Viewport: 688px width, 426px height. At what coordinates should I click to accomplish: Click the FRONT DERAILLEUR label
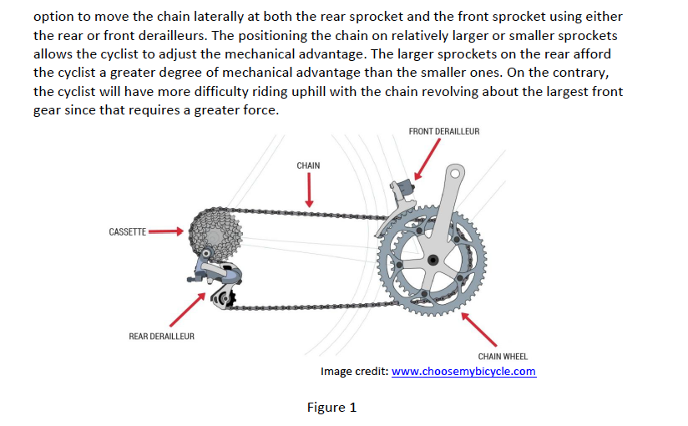(443, 131)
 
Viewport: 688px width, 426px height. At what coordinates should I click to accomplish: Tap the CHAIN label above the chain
(308, 165)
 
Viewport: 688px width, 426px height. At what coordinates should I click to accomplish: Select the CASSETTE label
(128, 231)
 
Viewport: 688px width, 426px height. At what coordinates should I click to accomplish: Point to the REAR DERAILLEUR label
(161, 336)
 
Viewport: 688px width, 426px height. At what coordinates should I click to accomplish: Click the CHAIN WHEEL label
(503, 357)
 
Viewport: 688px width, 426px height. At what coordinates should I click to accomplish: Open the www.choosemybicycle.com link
(463, 372)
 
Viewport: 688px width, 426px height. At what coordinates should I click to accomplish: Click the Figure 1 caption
(331, 408)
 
